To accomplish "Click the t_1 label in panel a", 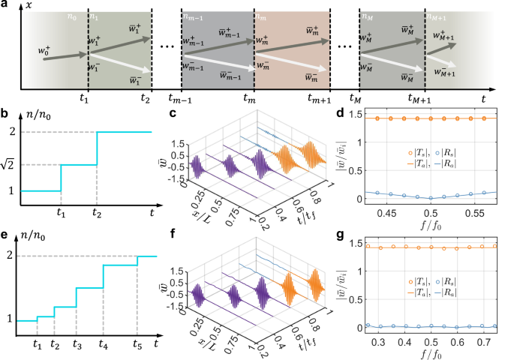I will [x=84, y=97].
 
